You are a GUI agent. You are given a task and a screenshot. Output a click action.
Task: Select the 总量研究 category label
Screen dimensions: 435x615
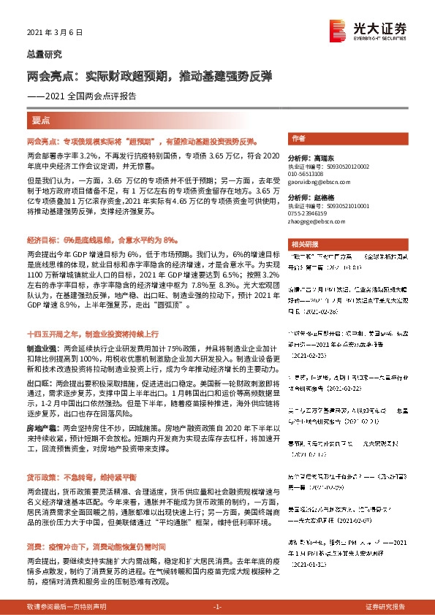coord(44,53)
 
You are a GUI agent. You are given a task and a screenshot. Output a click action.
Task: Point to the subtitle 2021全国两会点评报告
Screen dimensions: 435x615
coord(91,96)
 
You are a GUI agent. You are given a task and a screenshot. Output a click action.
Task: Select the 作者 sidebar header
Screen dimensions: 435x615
coord(298,137)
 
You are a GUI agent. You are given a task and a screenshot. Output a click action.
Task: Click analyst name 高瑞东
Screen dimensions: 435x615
coord(321,158)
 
